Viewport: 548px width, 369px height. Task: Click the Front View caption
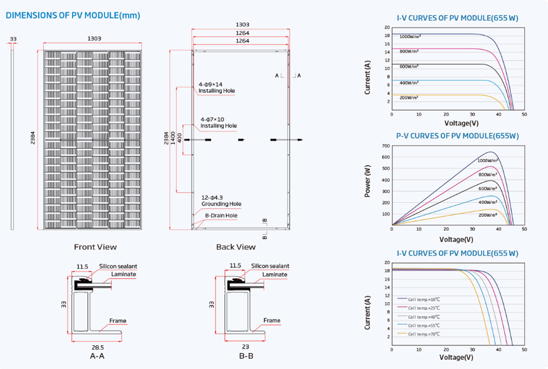[x=95, y=247]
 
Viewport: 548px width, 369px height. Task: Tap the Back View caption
[x=236, y=247]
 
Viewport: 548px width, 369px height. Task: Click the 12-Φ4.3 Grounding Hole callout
[x=221, y=201]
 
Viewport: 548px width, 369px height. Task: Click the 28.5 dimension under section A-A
[x=96, y=346]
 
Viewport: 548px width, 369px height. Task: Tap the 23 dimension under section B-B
[x=246, y=346]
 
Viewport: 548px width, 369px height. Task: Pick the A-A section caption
[x=97, y=356]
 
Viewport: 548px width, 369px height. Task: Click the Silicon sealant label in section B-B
[x=270, y=266]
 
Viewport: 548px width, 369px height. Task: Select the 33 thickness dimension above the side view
[x=13, y=38]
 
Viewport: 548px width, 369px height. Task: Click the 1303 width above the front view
[x=94, y=38]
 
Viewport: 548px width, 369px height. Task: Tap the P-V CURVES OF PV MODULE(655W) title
[x=457, y=136]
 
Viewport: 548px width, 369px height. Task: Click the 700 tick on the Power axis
[x=385, y=146]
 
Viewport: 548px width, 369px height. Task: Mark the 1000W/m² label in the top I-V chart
[x=410, y=37]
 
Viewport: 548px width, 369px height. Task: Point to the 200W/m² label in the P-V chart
[x=488, y=214]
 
